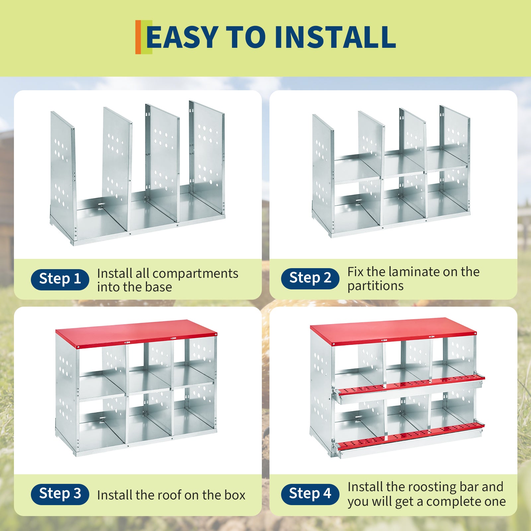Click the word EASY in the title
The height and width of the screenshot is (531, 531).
[182, 37]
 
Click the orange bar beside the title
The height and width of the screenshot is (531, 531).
[138, 37]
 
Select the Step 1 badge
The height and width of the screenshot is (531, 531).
[60, 279]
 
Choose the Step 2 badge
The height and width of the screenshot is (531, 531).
[310, 278]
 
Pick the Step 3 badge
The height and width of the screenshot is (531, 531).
[60, 494]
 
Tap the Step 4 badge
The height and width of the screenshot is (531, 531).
[310, 494]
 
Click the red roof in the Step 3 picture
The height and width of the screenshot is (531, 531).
[136, 333]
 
